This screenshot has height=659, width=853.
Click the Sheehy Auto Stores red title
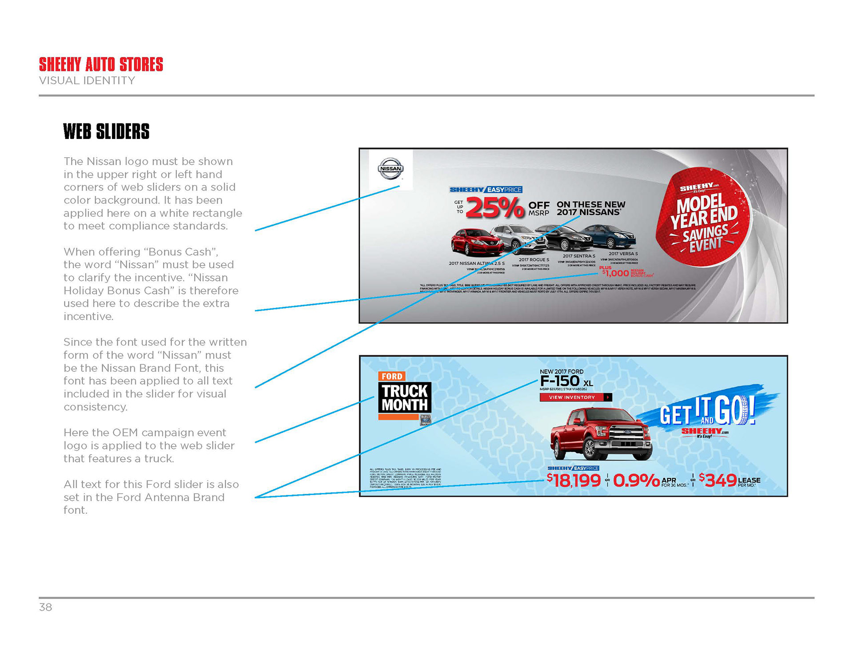tap(101, 64)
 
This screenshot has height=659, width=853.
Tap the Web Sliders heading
tap(106, 131)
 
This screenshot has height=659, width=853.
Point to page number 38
tap(46, 607)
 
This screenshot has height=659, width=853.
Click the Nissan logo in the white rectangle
tap(391, 169)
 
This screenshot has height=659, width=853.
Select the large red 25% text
tap(494, 208)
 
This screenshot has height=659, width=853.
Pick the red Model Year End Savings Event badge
tap(704, 217)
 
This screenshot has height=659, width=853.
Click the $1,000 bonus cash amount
tap(616, 273)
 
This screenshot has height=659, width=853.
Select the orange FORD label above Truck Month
tap(392, 376)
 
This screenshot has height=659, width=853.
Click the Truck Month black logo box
tap(405, 398)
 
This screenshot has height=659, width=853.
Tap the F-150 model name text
tap(560, 381)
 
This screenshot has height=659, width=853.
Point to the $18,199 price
tap(574, 480)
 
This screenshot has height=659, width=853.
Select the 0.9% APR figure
tap(636, 480)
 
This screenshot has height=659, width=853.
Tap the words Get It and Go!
tap(707, 411)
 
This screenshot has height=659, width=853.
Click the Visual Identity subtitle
tap(87, 81)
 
